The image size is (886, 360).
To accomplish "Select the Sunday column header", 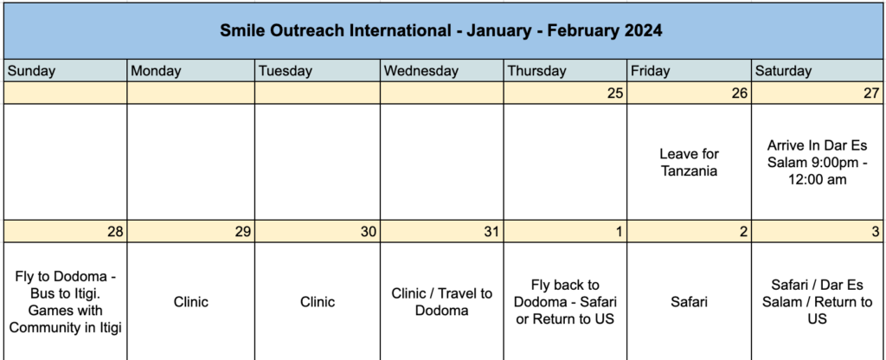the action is coord(32,71).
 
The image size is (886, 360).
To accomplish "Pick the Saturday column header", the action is coord(783,71).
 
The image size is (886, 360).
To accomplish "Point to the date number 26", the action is coord(740,93).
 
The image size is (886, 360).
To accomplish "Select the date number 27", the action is coord(872,93).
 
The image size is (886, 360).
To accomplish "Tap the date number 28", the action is coord(115,232).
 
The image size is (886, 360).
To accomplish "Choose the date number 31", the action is coord(491,232).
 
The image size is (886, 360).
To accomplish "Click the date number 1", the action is coord(620,232).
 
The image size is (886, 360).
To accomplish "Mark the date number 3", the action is coord(876,232).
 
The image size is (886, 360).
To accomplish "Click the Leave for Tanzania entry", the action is coord(689,162).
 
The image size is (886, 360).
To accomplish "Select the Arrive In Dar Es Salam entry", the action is coord(817,162).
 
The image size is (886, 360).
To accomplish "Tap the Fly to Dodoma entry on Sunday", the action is coord(66,302).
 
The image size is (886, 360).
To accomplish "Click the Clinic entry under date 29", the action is coord(191,302).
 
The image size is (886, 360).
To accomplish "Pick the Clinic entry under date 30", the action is coord(318,302).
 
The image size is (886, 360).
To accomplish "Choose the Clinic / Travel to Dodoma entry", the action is coord(442,302).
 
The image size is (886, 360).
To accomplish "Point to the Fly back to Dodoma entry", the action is coord(565,302).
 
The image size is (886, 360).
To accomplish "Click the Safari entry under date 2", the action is coord(690,302).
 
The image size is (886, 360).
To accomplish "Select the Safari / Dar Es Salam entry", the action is coord(817,302).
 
